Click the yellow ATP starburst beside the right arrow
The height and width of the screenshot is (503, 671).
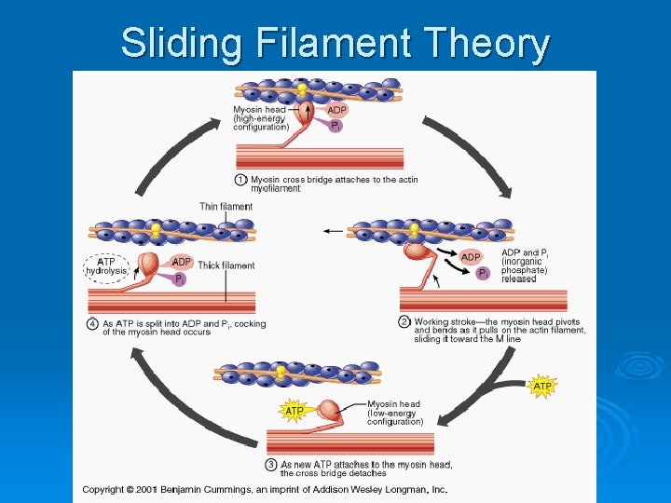click(542, 385)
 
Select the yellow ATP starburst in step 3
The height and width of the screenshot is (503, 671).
click(294, 410)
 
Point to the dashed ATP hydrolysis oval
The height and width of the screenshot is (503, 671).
click(106, 266)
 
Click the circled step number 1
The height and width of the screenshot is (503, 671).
click(241, 179)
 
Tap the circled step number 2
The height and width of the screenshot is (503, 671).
click(405, 321)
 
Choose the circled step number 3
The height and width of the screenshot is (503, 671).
click(271, 464)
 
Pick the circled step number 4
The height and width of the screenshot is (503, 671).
click(93, 323)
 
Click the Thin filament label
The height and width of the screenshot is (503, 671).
click(226, 207)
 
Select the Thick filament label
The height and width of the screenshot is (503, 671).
click(226, 265)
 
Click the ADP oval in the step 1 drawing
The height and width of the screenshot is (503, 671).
click(337, 108)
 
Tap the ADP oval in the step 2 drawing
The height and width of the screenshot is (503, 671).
click(471, 256)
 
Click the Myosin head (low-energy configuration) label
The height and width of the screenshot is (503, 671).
click(394, 413)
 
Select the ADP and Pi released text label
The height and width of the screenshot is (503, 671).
click(525, 265)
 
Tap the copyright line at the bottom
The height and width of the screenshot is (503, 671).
click(265, 489)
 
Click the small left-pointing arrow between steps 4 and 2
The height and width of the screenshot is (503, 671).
click(330, 230)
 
